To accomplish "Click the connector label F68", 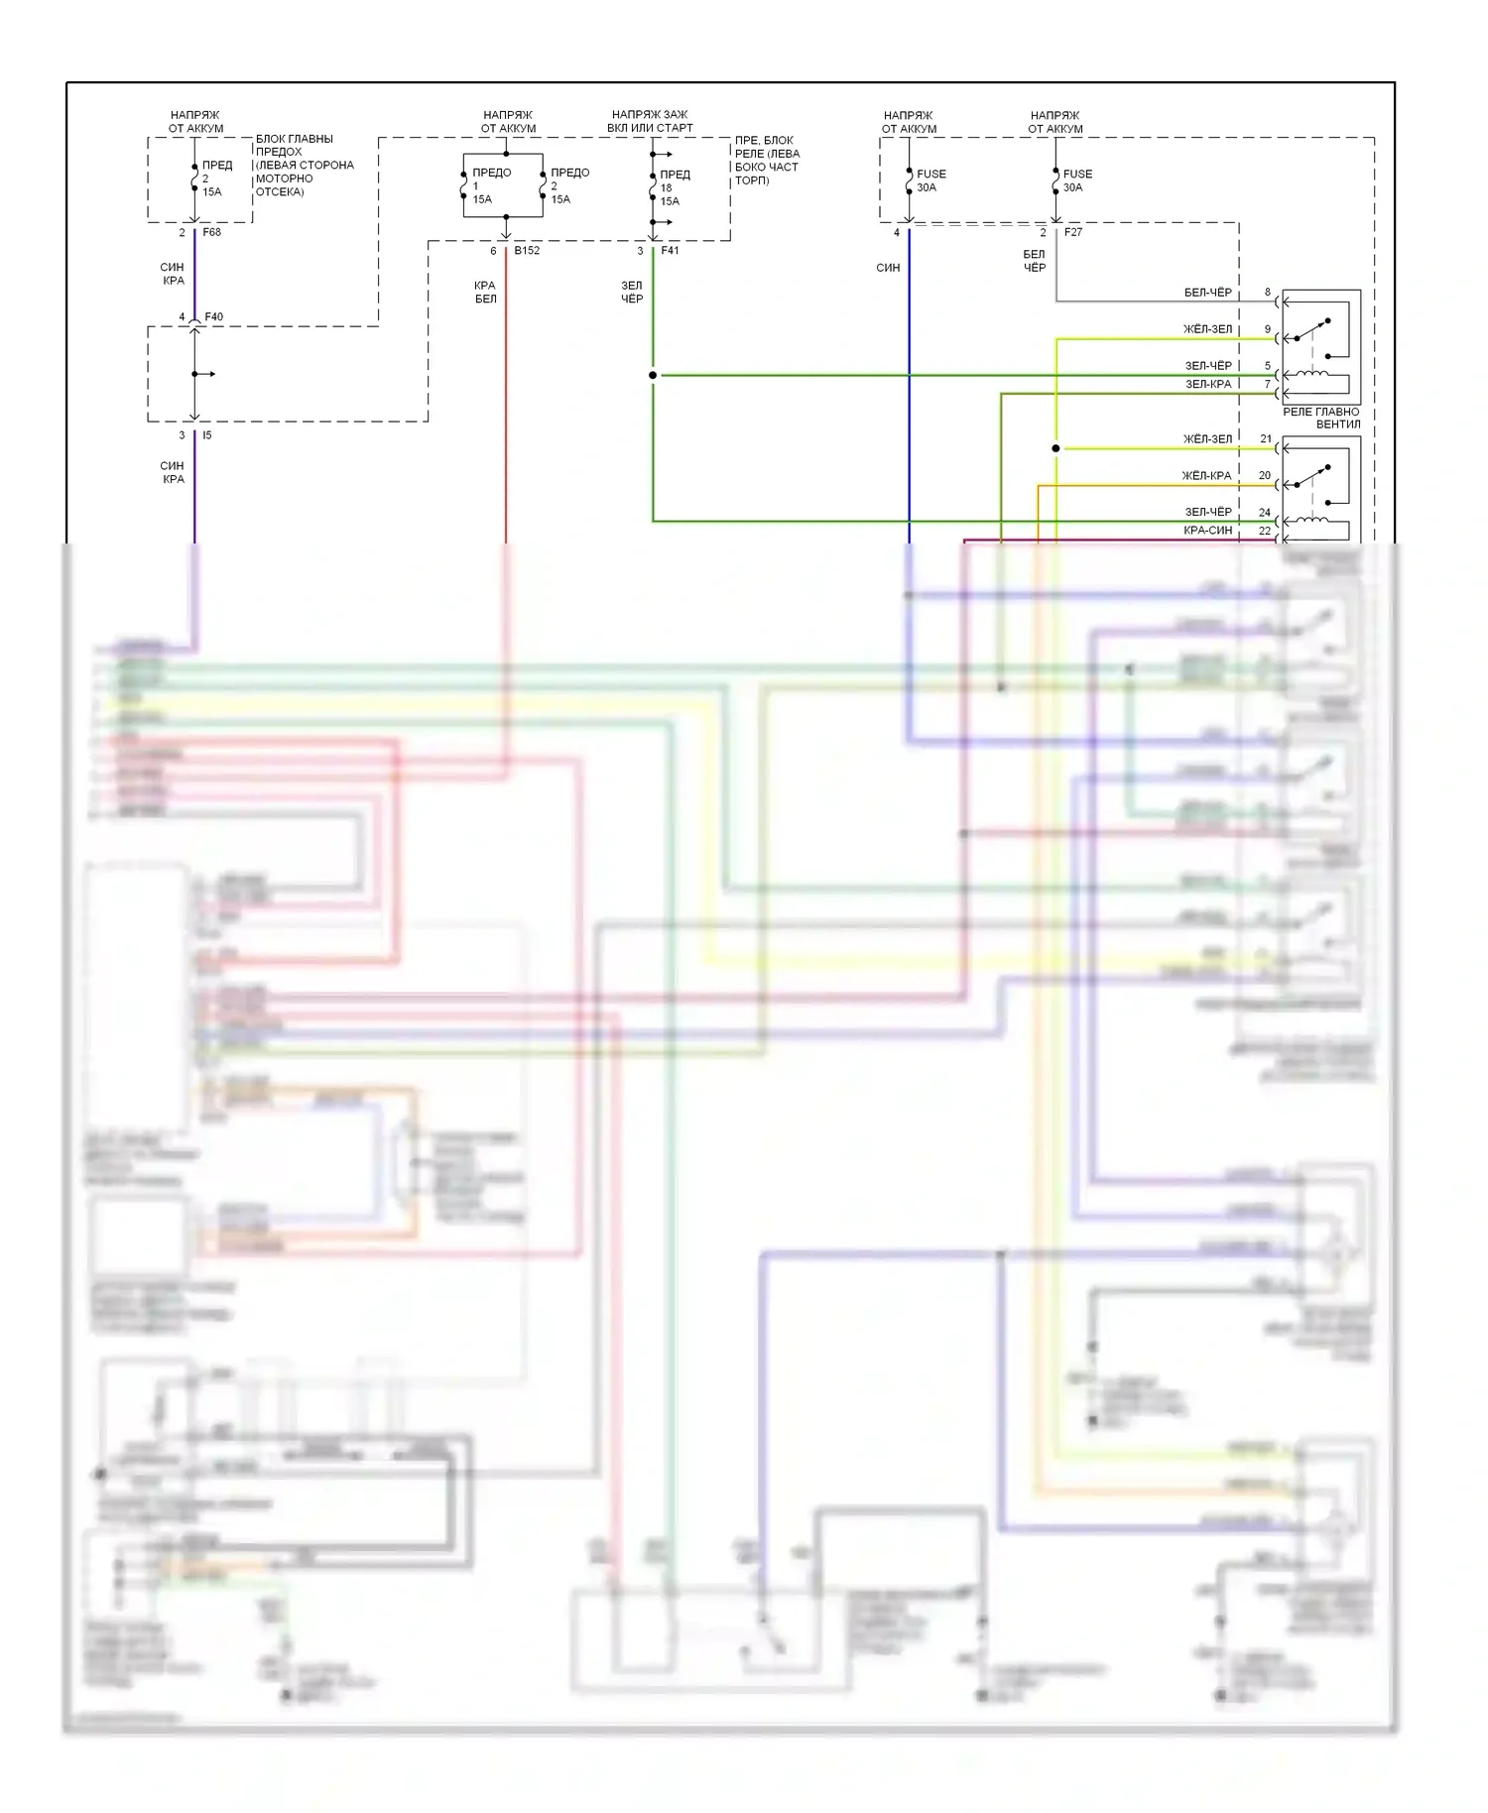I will [x=211, y=233].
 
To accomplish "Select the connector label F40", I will [x=213, y=317].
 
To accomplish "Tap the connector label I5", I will [x=207, y=435].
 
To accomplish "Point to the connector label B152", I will [x=527, y=251].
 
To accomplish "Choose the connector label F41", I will [x=670, y=251].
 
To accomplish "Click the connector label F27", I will [x=1072, y=232].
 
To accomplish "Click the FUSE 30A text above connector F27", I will [x=1077, y=181].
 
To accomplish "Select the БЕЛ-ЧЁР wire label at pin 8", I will [x=1207, y=293].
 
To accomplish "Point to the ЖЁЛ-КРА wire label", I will [x=1206, y=476].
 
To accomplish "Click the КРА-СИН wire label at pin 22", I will [x=1207, y=531].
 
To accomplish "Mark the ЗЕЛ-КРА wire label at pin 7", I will [x=1207, y=384].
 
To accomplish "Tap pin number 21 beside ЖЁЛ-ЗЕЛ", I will [x=1266, y=438].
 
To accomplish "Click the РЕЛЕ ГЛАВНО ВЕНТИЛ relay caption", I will [x=1321, y=418].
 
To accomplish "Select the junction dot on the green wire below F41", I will [x=653, y=375].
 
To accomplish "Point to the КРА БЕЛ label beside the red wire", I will [x=485, y=292].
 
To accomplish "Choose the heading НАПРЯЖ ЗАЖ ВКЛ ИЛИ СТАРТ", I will [x=650, y=121].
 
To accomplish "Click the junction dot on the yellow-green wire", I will [x=1055, y=448].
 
